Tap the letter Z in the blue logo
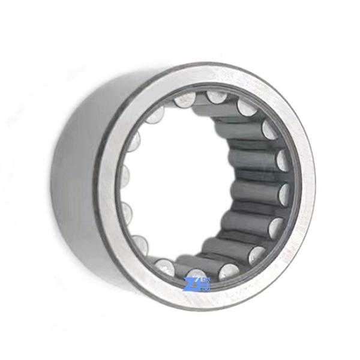pyautogui.click(x=191, y=283)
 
